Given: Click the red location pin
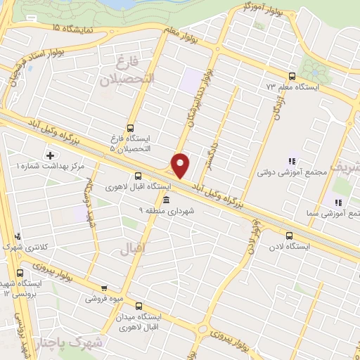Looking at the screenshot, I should (x=181, y=165).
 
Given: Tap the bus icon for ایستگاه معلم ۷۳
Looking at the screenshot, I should (x=292, y=76).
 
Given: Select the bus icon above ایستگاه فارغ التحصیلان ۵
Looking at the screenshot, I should (x=129, y=128).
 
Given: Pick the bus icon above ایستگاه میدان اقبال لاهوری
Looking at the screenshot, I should (x=139, y=306).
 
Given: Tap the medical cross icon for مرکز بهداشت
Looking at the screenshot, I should (x=50, y=155).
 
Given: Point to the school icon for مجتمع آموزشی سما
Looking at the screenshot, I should (x=337, y=202).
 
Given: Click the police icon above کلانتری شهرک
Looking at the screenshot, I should (x=18, y=236).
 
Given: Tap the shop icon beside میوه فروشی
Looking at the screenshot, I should (x=104, y=288).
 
